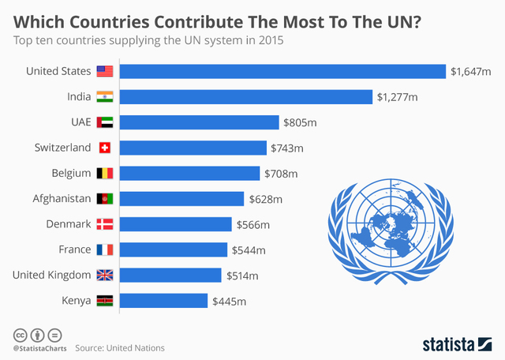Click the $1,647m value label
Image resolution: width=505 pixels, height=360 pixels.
tap(471, 72)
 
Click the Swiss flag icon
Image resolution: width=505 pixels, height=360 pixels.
tap(105, 148)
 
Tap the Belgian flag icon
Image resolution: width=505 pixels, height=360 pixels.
tap(105, 174)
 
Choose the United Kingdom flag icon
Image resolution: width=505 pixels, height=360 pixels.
tap(105, 276)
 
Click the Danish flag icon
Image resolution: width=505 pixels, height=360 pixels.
tap(105, 224)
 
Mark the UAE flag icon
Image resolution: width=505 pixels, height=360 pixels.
tap(105, 122)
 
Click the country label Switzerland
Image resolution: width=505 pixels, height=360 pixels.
tap(62, 148)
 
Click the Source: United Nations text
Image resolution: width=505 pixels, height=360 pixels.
tap(120, 347)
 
